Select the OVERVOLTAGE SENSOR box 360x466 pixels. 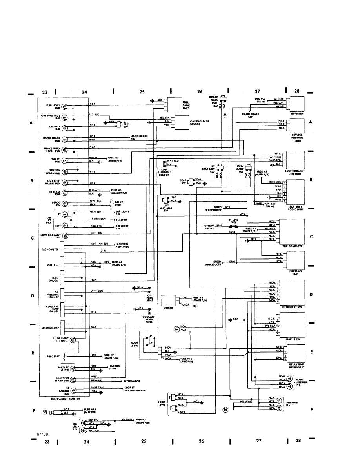click(x=181, y=123)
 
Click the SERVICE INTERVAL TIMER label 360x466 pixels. click(x=296, y=138)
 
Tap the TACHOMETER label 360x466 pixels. click(x=50, y=249)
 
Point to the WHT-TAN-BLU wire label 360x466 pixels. click(x=99, y=243)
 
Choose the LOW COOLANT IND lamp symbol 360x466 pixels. click(x=65, y=236)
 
